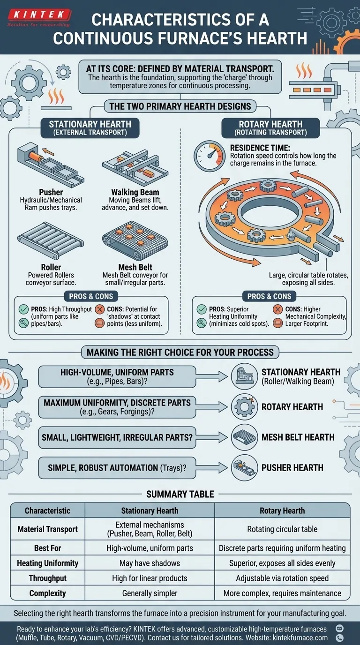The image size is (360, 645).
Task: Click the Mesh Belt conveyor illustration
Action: pos(135,241)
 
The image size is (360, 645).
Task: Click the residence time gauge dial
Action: pos(209,156)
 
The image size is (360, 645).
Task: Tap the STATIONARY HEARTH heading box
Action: pos(90,128)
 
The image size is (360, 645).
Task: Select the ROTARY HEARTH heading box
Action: pos(270,128)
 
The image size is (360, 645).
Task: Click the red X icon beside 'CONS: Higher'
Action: pos(277,309)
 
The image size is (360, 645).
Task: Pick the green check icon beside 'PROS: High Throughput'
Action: pos(22,309)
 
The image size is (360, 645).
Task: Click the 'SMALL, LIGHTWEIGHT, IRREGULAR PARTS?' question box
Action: pos(117,437)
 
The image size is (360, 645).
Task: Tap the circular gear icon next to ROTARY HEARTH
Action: pos(245,406)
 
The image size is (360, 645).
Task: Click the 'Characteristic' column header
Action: pos(47,510)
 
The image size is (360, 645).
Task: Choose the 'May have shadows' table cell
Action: pos(150,563)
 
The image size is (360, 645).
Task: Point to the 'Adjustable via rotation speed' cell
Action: pos(282,578)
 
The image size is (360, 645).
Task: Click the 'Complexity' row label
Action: pos(47,593)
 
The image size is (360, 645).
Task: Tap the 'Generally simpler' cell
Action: pos(150,593)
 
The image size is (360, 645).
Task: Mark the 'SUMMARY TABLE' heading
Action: pos(180,494)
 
